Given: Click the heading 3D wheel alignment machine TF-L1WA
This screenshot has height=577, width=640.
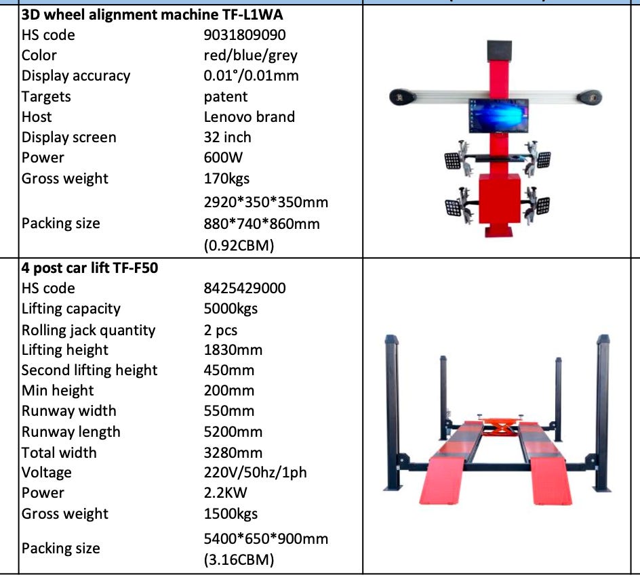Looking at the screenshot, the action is pyautogui.click(x=152, y=15).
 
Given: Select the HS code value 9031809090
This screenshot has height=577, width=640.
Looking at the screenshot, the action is pyautogui.click(x=245, y=35).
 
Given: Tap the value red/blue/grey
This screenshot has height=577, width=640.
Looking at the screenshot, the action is pyautogui.click(x=251, y=56).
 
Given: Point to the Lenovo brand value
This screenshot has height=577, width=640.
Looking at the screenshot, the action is pyautogui.click(x=249, y=117).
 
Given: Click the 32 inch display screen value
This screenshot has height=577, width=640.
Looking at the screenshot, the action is pyautogui.click(x=227, y=137).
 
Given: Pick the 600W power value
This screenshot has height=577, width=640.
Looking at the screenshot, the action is pyautogui.click(x=223, y=158).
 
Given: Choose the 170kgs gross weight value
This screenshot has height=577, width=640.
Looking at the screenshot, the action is pyautogui.click(x=226, y=179).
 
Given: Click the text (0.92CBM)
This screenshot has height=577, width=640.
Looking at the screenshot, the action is pyautogui.click(x=239, y=245).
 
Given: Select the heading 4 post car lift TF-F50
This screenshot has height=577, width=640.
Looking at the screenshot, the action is pyautogui.click(x=89, y=268).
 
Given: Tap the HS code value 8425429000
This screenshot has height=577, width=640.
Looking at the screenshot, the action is pyautogui.click(x=245, y=288).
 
